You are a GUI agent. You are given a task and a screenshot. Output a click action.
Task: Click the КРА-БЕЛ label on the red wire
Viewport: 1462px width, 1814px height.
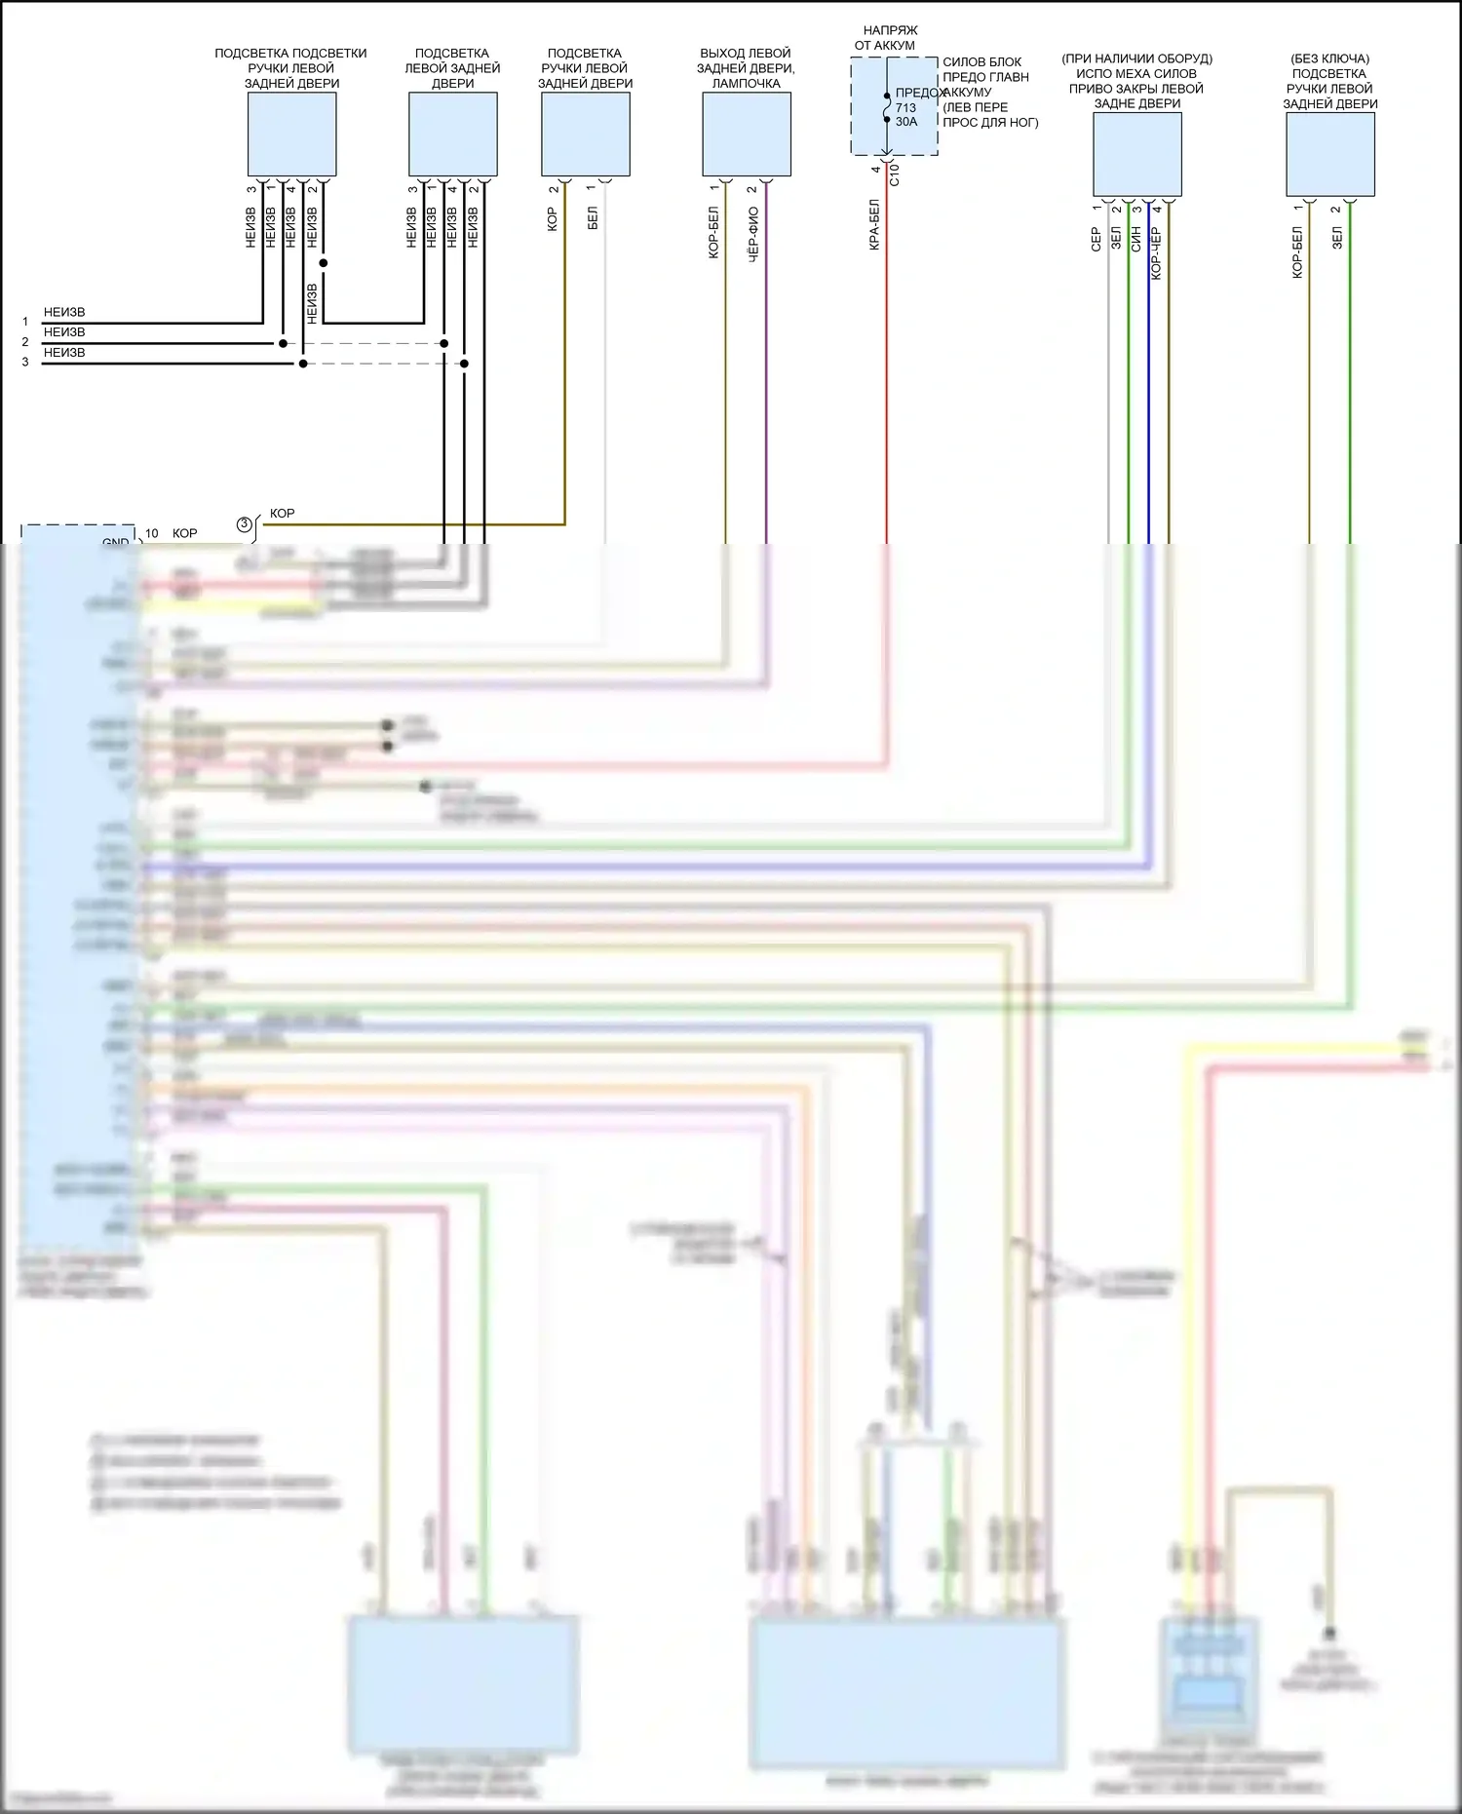tap(874, 225)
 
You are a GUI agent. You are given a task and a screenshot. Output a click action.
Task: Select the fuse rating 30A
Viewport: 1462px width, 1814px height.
tap(906, 122)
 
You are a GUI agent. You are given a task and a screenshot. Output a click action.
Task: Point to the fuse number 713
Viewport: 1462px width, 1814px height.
tap(905, 108)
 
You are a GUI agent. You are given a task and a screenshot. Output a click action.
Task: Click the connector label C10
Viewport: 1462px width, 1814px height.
tap(895, 174)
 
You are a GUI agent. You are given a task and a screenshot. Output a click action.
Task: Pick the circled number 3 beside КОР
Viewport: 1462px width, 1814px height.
tap(245, 524)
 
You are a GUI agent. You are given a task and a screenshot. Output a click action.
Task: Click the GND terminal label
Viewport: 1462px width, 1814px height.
tap(115, 541)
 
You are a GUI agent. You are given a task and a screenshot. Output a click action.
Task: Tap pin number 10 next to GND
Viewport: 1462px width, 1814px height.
tap(152, 533)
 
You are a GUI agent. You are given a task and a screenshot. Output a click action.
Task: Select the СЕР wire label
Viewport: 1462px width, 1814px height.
tap(1096, 240)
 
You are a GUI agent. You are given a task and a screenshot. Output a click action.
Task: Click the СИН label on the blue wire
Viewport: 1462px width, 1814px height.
tap(1135, 240)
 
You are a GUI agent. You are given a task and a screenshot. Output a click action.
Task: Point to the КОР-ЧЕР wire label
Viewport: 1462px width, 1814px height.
tap(1156, 253)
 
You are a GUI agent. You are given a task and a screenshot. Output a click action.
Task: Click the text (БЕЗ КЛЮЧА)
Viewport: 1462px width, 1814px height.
tap(1329, 58)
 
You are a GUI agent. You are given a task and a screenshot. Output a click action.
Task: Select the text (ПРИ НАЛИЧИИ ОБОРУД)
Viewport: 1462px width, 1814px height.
tap(1136, 58)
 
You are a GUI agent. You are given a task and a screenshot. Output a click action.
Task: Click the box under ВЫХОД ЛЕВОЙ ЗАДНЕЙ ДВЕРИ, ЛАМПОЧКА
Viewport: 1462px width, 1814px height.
tap(747, 135)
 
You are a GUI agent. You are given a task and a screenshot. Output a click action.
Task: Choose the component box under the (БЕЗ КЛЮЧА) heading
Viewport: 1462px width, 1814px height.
tap(1329, 154)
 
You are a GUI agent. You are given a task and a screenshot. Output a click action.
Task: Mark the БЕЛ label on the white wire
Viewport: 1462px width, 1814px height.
tap(593, 218)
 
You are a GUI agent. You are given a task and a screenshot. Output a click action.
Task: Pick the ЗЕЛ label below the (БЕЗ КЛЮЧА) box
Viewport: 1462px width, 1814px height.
tap(1336, 238)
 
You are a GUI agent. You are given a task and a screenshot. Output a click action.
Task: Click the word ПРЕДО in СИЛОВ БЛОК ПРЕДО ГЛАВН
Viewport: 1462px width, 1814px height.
tap(963, 77)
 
